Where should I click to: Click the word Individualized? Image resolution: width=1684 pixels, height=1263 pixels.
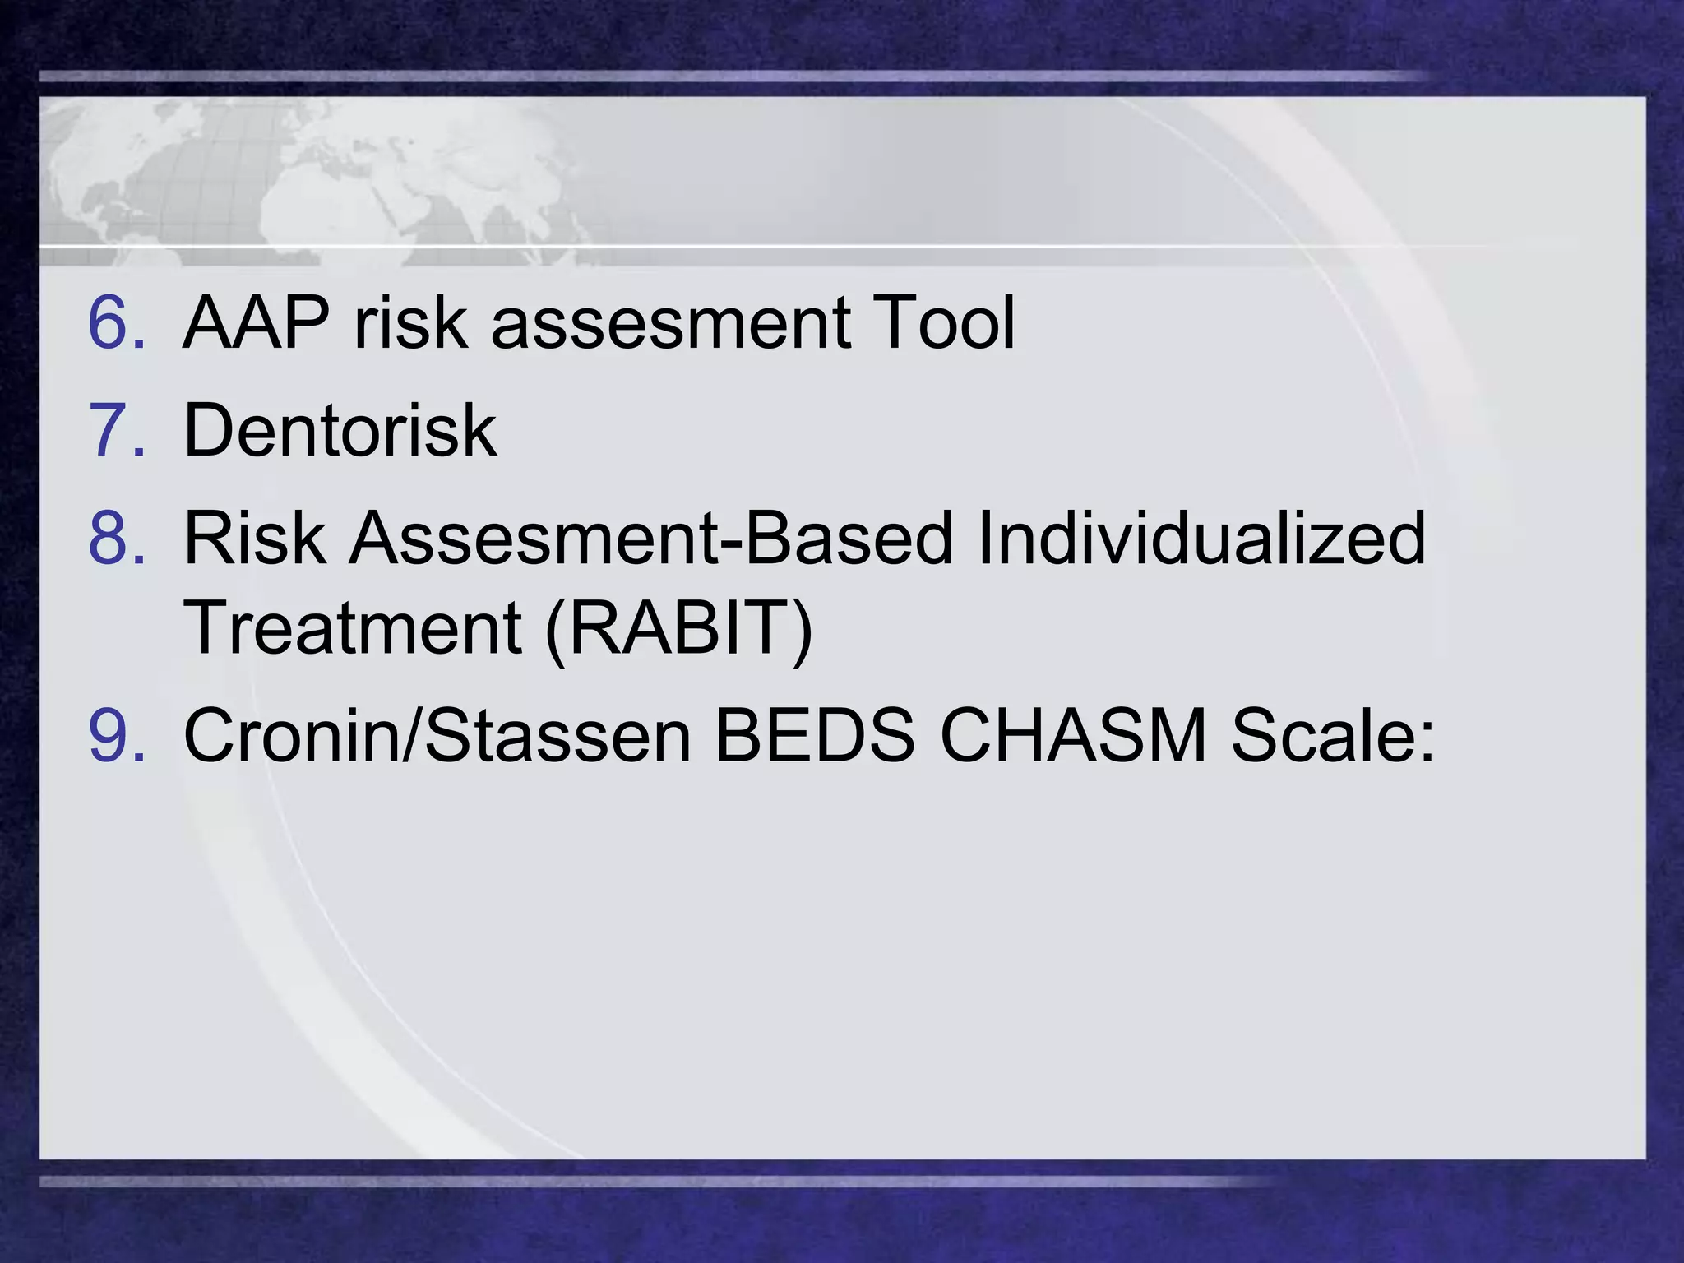(x=1201, y=539)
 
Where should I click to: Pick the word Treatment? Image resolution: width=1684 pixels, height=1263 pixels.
(x=353, y=627)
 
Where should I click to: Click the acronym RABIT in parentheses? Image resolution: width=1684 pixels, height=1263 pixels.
(x=679, y=627)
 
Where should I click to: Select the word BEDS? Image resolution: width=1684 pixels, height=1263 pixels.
(x=815, y=734)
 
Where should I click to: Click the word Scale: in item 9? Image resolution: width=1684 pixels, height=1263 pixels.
(x=1333, y=734)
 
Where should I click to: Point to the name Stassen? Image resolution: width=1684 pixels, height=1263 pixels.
(x=559, y=734)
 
